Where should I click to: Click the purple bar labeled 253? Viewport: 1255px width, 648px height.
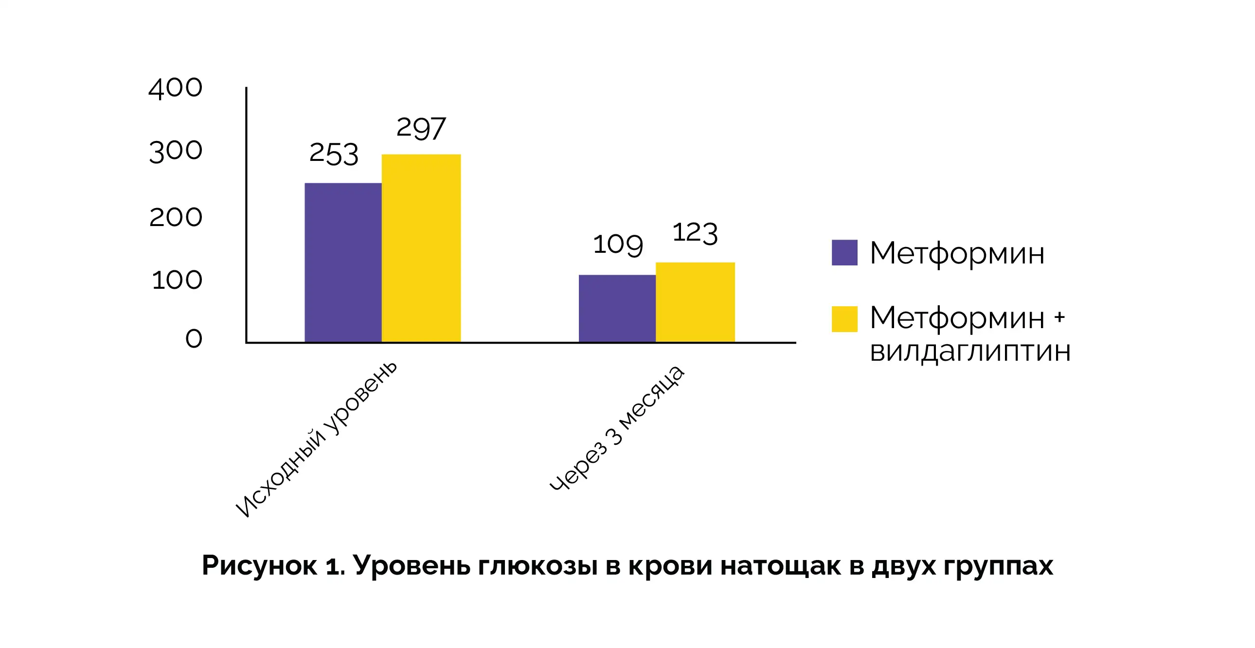click(x=342, y=263)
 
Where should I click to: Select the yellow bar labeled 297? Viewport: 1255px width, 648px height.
click(x=421, y=248)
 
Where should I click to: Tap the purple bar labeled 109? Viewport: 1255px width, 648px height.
click(x=617, y=308)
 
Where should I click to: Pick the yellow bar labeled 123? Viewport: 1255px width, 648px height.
click(x=695, y=302)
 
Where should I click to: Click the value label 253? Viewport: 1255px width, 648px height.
click(x=334, y=154)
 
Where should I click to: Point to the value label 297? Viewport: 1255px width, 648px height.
click(x=421, y=128)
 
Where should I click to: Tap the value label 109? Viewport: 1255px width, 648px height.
click(x=618, y=244)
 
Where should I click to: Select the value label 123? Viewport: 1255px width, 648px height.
click(x=695, y=233)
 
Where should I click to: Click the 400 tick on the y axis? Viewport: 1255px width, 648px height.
click(x=176, y=88)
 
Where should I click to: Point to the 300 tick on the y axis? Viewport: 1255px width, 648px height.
click(x=176, y=151)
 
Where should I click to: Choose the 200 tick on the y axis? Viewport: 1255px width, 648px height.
click(x=176, y=217)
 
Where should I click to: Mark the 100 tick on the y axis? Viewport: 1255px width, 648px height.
click(x=177, y=280)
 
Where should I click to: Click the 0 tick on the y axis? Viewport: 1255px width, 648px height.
click(x=194, y=338)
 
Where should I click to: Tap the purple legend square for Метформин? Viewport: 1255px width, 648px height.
click(x=844, y=253)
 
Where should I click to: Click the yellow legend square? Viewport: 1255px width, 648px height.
click(x=844, y=319)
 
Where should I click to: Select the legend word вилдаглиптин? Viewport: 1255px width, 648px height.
click(x=970, y=351)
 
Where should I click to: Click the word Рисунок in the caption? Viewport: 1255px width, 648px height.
click(x=259, y=566)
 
